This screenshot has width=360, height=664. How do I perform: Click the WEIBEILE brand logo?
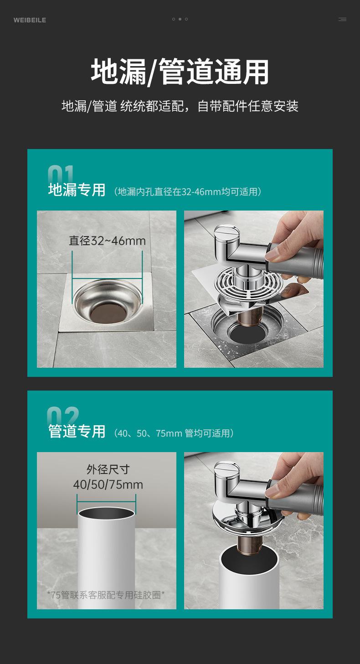click(x=30, y=20)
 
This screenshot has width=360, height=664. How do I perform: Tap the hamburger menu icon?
click(x=342, y=19)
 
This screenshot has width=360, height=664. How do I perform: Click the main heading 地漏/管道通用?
click(x=180, y=72)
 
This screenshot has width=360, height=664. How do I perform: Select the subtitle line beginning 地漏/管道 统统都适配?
click(x=180, y=106)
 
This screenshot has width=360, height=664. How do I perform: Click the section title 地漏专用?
click(x=77, y=190)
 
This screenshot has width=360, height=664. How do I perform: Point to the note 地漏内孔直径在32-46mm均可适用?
click(x=188, y=192)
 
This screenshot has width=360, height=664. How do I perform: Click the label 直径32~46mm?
click(x=107, y=241)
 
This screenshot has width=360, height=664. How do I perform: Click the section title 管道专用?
click(x=77, y=431)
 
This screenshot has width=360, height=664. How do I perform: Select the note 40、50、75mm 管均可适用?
click(x=174, y=433)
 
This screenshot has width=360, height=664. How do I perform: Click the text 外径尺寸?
click(x=108, y=469)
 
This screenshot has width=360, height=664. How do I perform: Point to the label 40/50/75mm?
click(x=108, y=484)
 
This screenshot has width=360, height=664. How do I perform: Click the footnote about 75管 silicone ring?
click(x=106, y=595)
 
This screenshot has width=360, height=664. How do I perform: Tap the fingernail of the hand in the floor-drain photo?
click(x=272, y=254)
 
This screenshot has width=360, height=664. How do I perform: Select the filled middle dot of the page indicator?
click(x=180, y=19)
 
